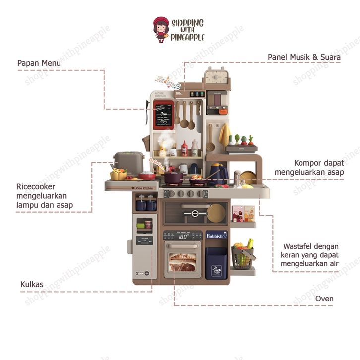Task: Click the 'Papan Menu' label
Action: [39, 63]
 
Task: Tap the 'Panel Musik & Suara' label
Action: [304, 57]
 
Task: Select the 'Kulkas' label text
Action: [32, 285]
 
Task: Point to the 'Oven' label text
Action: [324, 299]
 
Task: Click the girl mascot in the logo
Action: [161, 29]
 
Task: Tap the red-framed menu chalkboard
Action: [164, 115]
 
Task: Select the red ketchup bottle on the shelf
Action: [184, 148]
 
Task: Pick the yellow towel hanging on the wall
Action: [225, 134]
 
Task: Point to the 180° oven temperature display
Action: [183, 237]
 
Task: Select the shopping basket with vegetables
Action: [242, 254]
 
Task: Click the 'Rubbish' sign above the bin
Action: [216, 235]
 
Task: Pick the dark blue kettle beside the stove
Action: [217, 174]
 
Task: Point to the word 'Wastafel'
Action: [300, 246]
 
